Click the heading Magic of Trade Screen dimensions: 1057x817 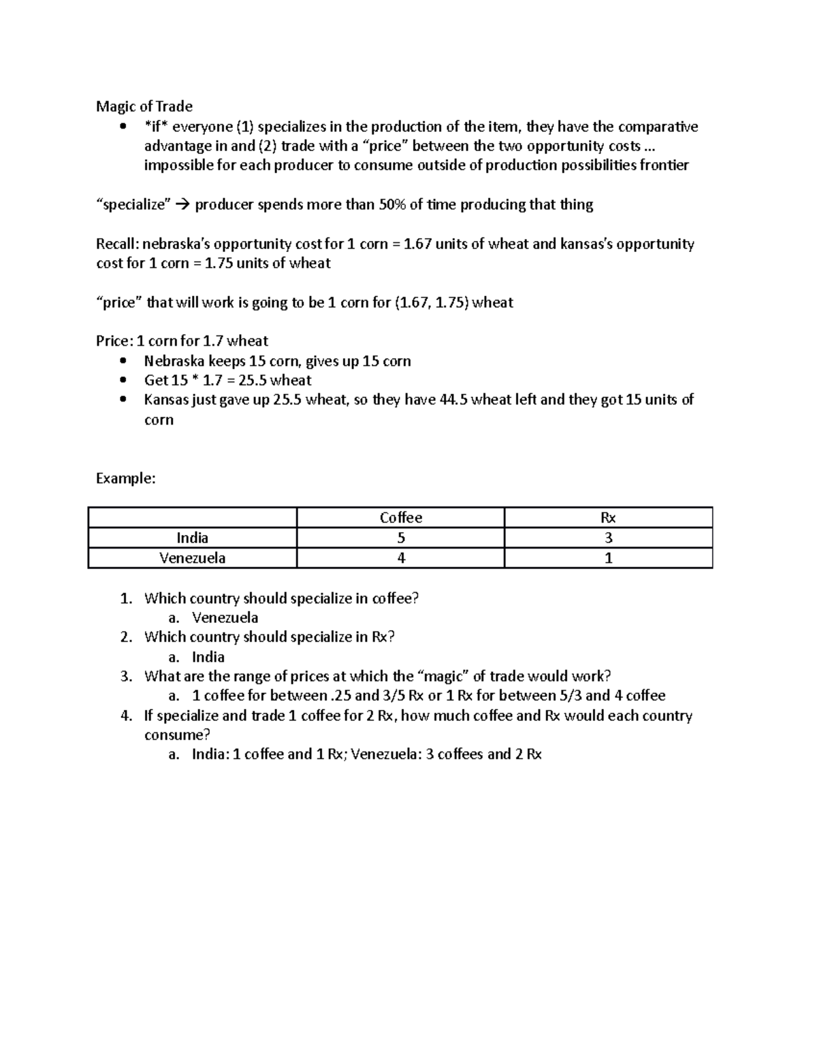pyautogui.click(x=144, y=106)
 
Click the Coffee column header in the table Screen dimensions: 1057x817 pyautogui.click(x=400, y=518)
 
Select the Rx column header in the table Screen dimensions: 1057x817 pyautogui.click(x=608, y=518)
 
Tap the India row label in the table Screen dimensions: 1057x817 pyautogui.click(x=192, y=538)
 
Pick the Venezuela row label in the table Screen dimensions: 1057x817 pyautogui.click(x=192, y=558)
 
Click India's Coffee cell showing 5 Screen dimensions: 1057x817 pyautogui.click(x=401, y=538)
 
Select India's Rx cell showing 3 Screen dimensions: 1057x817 pyautogui.click(x=608, y=538)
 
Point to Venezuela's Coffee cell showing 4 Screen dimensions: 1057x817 pyautogui.click(x=401, y=558)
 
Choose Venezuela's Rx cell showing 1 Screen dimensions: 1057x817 pyautogui.click(x=608, y=558)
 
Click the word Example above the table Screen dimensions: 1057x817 pyautogui.click(x=125, y=478)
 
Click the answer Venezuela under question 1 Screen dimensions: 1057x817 pyautogui.click(x=225, y=618)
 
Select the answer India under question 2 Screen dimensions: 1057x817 pyautogui.click(x=208, y=657)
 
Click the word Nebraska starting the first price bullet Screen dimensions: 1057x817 pyautogui.click(x=174, y=361)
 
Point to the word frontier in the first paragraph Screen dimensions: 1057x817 pyautogui.click(x=664, y=165)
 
